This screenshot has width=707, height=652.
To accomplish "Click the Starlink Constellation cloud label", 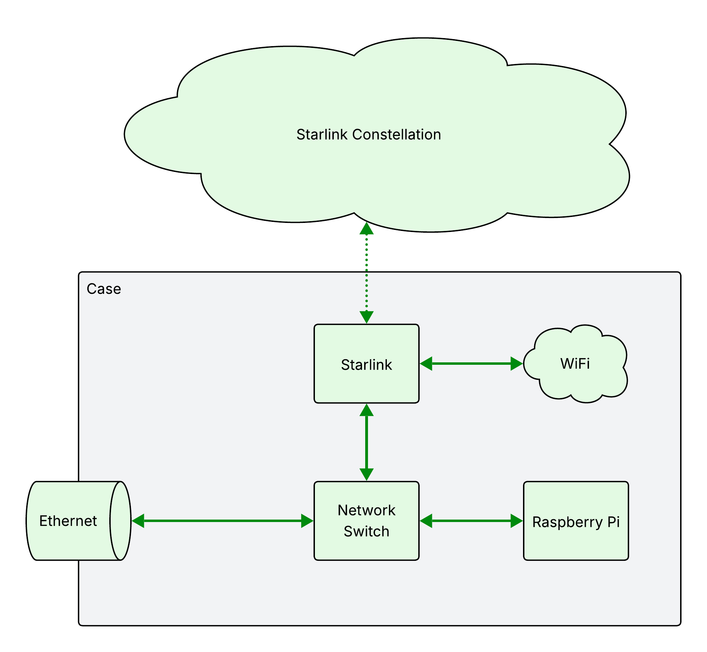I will (x=368, y=135).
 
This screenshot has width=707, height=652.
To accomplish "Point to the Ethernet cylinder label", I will (x=68, y=521).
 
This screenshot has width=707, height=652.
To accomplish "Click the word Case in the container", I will (x=104, y=289).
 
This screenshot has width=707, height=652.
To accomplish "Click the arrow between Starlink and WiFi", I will (x=471, y=363).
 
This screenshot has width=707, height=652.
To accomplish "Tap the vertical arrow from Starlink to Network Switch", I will (x=366, y=442).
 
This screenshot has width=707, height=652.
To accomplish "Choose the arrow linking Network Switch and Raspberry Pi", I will (x=471, y=521).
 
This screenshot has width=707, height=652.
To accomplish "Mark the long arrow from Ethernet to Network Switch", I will (x=222, y=521).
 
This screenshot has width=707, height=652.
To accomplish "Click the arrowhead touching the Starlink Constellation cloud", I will (x=366, y=229).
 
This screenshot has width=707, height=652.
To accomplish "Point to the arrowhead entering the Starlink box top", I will (x=366, y=317).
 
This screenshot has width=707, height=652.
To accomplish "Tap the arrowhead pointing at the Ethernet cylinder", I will (x=139, y=521).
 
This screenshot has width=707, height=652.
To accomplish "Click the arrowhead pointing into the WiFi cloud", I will (x=516, y=363).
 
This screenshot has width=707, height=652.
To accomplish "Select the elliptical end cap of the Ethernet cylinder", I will (x=120, y=521).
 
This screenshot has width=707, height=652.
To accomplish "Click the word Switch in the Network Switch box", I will (x=366, y=531).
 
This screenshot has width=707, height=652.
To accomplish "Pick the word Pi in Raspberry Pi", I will (x=613, y=522).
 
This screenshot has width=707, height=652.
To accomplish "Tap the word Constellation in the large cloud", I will (x=397, y=135).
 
